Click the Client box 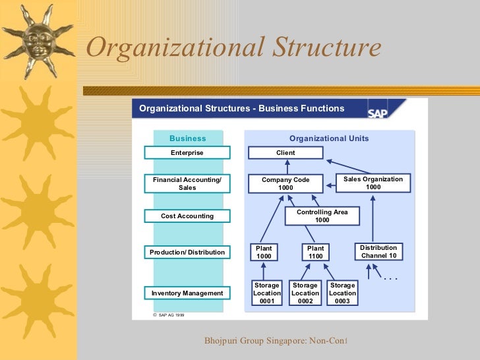coord(285,153)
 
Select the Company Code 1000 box coord(285,183)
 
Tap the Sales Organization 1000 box coord(373,183)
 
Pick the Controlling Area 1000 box coord(322,216)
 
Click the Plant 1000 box coord(264,252)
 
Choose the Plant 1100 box coord(316,252)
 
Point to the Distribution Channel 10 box coord(378,251)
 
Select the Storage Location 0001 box coord(267,293)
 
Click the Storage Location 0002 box coord(305,293)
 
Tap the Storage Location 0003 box coord(342,293)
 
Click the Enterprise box coord(187,153)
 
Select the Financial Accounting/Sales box coord(187,183)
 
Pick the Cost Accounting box coord(187,216)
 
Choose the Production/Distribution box coord(187,252)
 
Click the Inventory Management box coord(187,293)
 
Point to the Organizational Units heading coord(329,138)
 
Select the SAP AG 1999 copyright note coord(169,315)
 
